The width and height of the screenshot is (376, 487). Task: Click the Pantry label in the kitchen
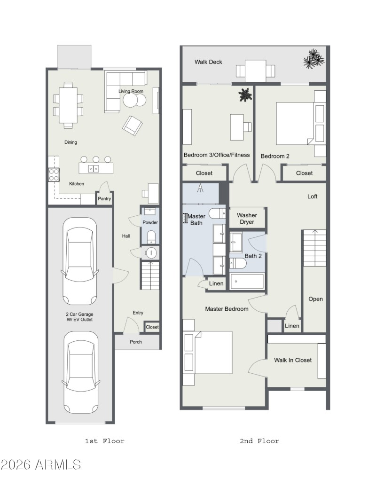coord(104,199)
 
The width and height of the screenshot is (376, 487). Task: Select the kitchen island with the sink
coord(96,168)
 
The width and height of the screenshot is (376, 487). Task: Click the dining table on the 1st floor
coord(69,105)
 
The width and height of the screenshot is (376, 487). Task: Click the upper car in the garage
coord(80,261)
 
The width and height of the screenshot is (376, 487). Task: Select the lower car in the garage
coord(81,371)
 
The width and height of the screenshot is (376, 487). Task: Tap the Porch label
coord(136,342)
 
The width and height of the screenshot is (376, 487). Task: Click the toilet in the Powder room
coord(150,236)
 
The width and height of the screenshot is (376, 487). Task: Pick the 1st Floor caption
coord(104,441)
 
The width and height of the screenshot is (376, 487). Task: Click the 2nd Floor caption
coord(259,441)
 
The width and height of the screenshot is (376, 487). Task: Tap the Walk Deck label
coord(208,62)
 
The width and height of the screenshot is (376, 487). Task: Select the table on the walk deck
coord(255,71)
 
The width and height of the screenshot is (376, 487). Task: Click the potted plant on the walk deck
coord(313,60)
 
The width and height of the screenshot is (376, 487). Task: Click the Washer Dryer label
coord(247,219)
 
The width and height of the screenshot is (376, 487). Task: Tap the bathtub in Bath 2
coord(247,282)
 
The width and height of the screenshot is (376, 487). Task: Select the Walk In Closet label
coord(293,360)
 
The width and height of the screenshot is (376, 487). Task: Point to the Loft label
coord(312,196)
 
